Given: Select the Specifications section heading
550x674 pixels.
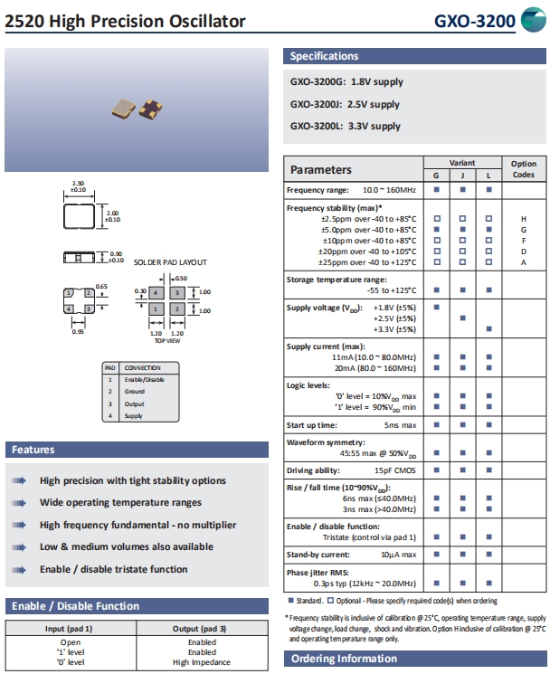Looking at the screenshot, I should click(325, 56).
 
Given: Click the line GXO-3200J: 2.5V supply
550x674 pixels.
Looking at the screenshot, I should click(345, 104).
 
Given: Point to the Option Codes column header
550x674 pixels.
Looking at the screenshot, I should click(524, 169).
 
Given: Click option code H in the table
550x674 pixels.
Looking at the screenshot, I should click(523, 219).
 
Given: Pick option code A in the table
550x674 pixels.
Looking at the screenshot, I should click(523, 262).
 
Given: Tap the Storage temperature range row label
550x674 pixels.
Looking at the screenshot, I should click(337, 280).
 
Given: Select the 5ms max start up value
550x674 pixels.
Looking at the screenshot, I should click(400, 424).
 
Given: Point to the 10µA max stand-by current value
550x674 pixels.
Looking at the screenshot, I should click(398, 554).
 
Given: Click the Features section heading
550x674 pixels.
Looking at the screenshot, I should click(33, 450).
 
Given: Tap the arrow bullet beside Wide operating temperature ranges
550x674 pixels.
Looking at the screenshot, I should click(19, 503).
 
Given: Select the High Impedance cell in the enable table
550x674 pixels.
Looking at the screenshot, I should click(202, 662).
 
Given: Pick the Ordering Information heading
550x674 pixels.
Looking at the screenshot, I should click(343, 659).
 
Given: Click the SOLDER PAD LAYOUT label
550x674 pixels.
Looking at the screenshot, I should click(170, 261).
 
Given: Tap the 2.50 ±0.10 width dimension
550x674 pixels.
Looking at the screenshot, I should click(78, 187).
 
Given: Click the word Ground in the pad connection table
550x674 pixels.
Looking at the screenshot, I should click(135, 392).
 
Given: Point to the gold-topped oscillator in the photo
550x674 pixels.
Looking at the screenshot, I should click(120, 109).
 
